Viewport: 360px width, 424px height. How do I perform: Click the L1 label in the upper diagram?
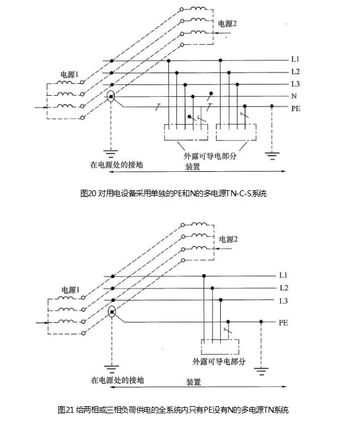pyautogui.click(x=295, y=60)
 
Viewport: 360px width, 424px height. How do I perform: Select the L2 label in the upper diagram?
pyautogui.click(x=295, y=72)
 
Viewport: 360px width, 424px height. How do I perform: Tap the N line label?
pyautogui.click(x=294, y=96)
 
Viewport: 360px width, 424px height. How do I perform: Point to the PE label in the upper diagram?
pyautogui.click(x=295, y=109)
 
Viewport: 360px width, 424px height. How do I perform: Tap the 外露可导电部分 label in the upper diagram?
pyautogui.click(x=209, y=156)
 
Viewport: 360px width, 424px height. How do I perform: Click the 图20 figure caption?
pyautogui.click(x=173, y=193)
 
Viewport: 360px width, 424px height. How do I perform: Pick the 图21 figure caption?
pyautogui.click(x=173, y=410)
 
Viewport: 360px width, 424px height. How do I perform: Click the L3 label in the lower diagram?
pyautogui.click(x=284, y=300)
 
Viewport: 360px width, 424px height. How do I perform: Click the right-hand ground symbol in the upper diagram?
pyautogui.click(x=272, y=156)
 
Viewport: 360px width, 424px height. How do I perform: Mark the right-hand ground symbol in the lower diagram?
pyautogui.click(x=261, y=371)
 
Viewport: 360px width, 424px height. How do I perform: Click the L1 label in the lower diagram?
pyautogui.click(x=284, y=276)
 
